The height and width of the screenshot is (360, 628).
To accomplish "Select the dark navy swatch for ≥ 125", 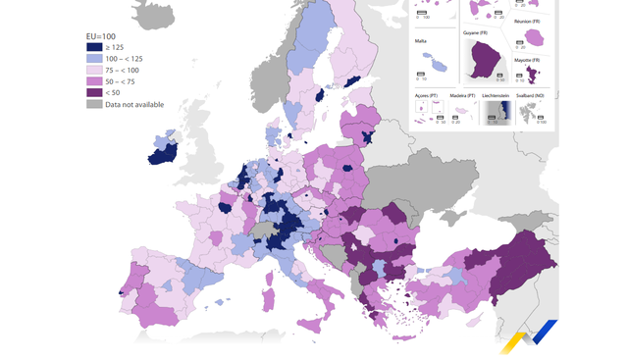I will click(x=95, y=46).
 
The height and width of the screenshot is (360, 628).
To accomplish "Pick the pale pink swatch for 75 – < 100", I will click(x=95, y=70).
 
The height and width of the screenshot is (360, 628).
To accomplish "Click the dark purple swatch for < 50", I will click(x=95, y=93).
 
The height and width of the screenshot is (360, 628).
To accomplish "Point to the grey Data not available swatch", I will click(x=95, y=105).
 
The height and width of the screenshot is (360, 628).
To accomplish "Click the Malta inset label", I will click(x=421, y=42).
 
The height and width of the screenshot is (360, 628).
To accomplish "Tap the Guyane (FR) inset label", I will click(x=476, y=33).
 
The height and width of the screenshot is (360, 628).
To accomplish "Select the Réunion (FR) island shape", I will click(x=538, y=38).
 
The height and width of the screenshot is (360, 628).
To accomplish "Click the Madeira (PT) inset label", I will click(x=461, y=95).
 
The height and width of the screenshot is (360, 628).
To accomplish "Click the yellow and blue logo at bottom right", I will click(x=529, y=336).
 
